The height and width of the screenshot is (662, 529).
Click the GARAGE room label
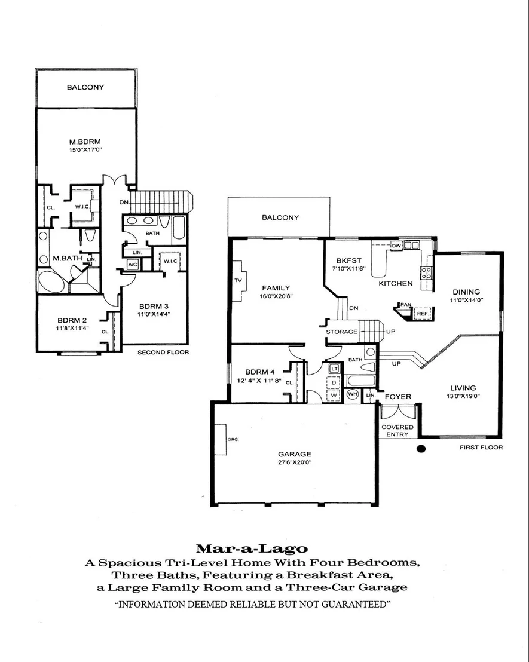295,454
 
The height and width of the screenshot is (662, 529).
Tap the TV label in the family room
237,280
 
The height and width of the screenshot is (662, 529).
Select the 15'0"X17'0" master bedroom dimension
85,150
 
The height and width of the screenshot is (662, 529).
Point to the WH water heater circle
353,394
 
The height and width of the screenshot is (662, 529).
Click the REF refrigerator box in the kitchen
422,314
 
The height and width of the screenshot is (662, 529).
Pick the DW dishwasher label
396,246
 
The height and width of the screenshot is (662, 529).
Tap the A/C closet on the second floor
133,265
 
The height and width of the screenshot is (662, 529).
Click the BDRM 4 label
260,372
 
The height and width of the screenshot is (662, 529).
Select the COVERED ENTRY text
397,431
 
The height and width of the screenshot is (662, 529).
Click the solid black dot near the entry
421,449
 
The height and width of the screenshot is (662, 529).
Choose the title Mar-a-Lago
252,548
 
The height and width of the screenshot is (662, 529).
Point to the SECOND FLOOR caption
163,352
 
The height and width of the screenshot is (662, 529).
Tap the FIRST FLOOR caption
481,447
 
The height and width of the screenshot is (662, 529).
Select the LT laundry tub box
334,369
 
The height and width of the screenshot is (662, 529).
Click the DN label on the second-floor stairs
123,202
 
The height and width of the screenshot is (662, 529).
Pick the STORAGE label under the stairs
341,332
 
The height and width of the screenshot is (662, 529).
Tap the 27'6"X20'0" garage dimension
295,462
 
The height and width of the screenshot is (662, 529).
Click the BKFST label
348,261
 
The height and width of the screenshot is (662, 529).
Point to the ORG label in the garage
233,440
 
